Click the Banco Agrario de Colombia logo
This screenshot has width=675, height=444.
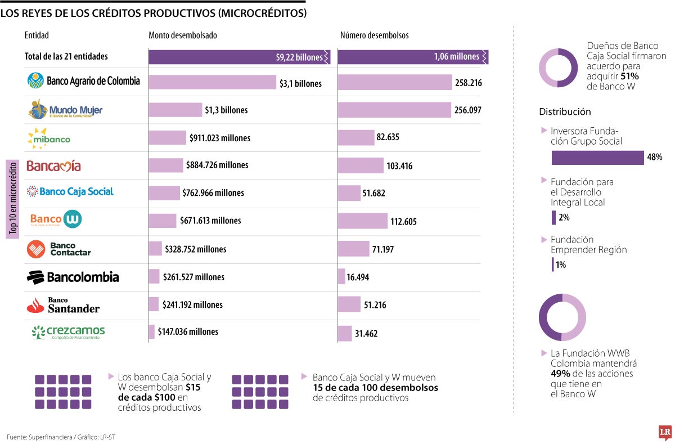click(x=83, y=81)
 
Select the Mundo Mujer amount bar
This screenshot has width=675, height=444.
click(x=175, y=110)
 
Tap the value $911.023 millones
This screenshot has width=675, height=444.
click(x=220, y=138)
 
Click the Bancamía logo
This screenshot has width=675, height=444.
click(x=53, y=166)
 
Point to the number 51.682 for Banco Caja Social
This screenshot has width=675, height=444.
click(x=373, y=193)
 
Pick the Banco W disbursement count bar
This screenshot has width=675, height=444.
click(x=362, y=221)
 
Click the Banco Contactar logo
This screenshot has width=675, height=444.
click(x=58, y=249)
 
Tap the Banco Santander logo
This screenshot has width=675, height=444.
click(x=63, y=305)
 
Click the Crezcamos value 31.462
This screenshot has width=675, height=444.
click(x=366, y=333)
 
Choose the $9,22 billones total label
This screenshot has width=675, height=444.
click(x=299, y=57)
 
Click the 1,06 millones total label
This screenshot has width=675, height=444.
click(x=456, y=57)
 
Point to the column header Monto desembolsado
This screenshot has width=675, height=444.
click(x=183, y=35)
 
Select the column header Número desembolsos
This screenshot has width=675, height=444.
click(x=374, y=35)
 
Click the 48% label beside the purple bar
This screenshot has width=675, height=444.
click(x=654, y=158)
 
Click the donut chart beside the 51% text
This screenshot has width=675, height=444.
click(x=558, y=68)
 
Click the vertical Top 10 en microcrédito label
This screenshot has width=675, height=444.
click(x=13, y=199)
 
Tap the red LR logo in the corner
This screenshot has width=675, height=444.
click(x=665, y=432)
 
